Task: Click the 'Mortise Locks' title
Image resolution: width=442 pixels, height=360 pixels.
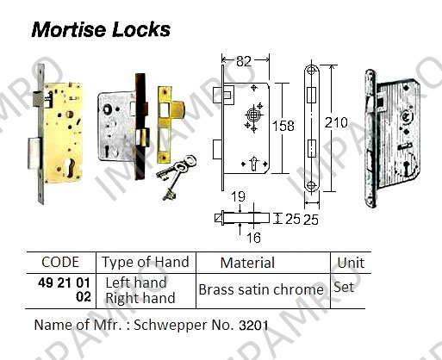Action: [x=101, y=29]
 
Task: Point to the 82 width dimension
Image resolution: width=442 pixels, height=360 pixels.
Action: [x=244, y=61]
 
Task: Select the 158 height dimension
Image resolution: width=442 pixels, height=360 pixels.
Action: [x=283, y=126]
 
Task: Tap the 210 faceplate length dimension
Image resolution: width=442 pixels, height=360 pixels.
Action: [x=336, y=122]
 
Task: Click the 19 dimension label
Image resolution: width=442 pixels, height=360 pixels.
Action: [x=239, y=197]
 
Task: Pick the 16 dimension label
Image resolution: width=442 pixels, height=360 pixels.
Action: [x=253, y=238]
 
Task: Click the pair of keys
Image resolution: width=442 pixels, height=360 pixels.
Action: [x=175, y=177]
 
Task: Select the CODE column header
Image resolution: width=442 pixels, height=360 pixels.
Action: [x=60, y=262]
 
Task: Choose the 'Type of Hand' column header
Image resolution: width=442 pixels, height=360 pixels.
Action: [x=146, y=262]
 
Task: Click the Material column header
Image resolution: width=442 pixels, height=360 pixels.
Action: [x=247, y=263]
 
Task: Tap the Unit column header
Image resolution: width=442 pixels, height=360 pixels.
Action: [x=351, y=263]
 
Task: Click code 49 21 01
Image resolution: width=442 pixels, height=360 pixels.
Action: [x=64, y=283]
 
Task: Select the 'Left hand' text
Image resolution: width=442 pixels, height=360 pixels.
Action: [x=136, y=282]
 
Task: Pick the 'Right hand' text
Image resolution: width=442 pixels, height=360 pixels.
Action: [x=140, y=298]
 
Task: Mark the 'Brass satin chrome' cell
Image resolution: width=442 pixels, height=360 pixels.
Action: [x=261, y=289]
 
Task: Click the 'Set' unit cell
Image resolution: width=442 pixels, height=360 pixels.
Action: [x=344, y=287]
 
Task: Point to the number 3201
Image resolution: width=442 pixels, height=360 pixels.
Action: [x=253, y=326]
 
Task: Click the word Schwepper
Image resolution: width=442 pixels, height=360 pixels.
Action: [x=171, y=326]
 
